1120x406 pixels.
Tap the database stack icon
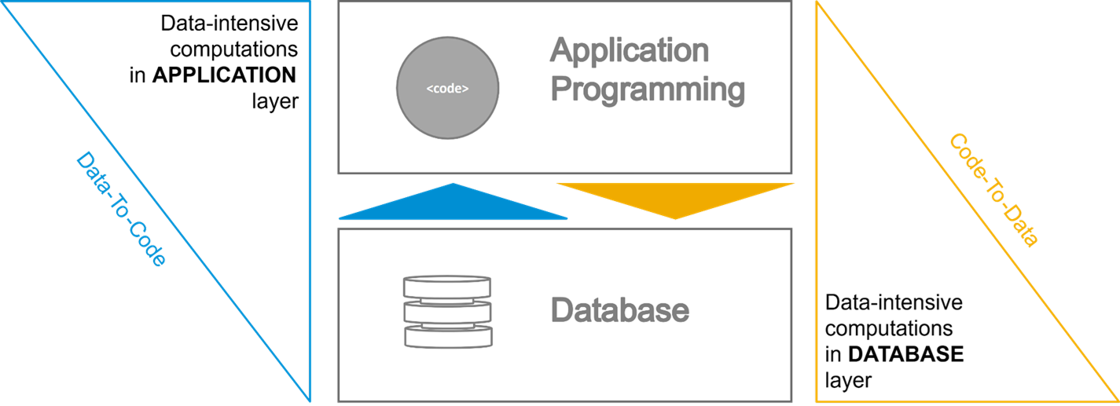(x=447, y=311)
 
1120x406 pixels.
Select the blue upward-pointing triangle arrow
(x=453, y=205)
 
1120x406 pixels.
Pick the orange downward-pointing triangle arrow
(x=676, y=199)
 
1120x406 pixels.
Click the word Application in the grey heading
(x=629, y=51)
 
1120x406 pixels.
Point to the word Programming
(x=647, y=90)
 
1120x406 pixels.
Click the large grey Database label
(x=619, y=310)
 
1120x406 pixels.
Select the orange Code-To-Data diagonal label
(x=993, y=190)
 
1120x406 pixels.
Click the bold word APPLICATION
(x=224, y=75)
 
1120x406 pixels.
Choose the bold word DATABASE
(x=905, y=354)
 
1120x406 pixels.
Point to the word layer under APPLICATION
(x=274, y=101)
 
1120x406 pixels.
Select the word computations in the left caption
(x=234, y=50)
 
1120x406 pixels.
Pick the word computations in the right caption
(x=889, y=328)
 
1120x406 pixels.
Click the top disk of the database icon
(x=447, y=286)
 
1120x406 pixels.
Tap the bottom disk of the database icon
(x=447, y=336)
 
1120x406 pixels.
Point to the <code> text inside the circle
(x=447, y=89)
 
